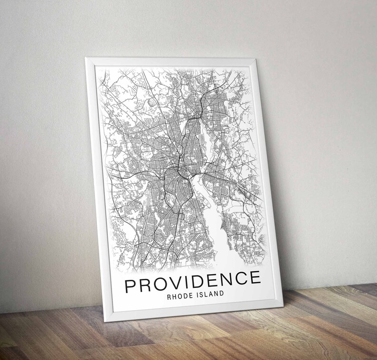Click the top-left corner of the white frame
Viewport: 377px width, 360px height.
click(x=86, y=59)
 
